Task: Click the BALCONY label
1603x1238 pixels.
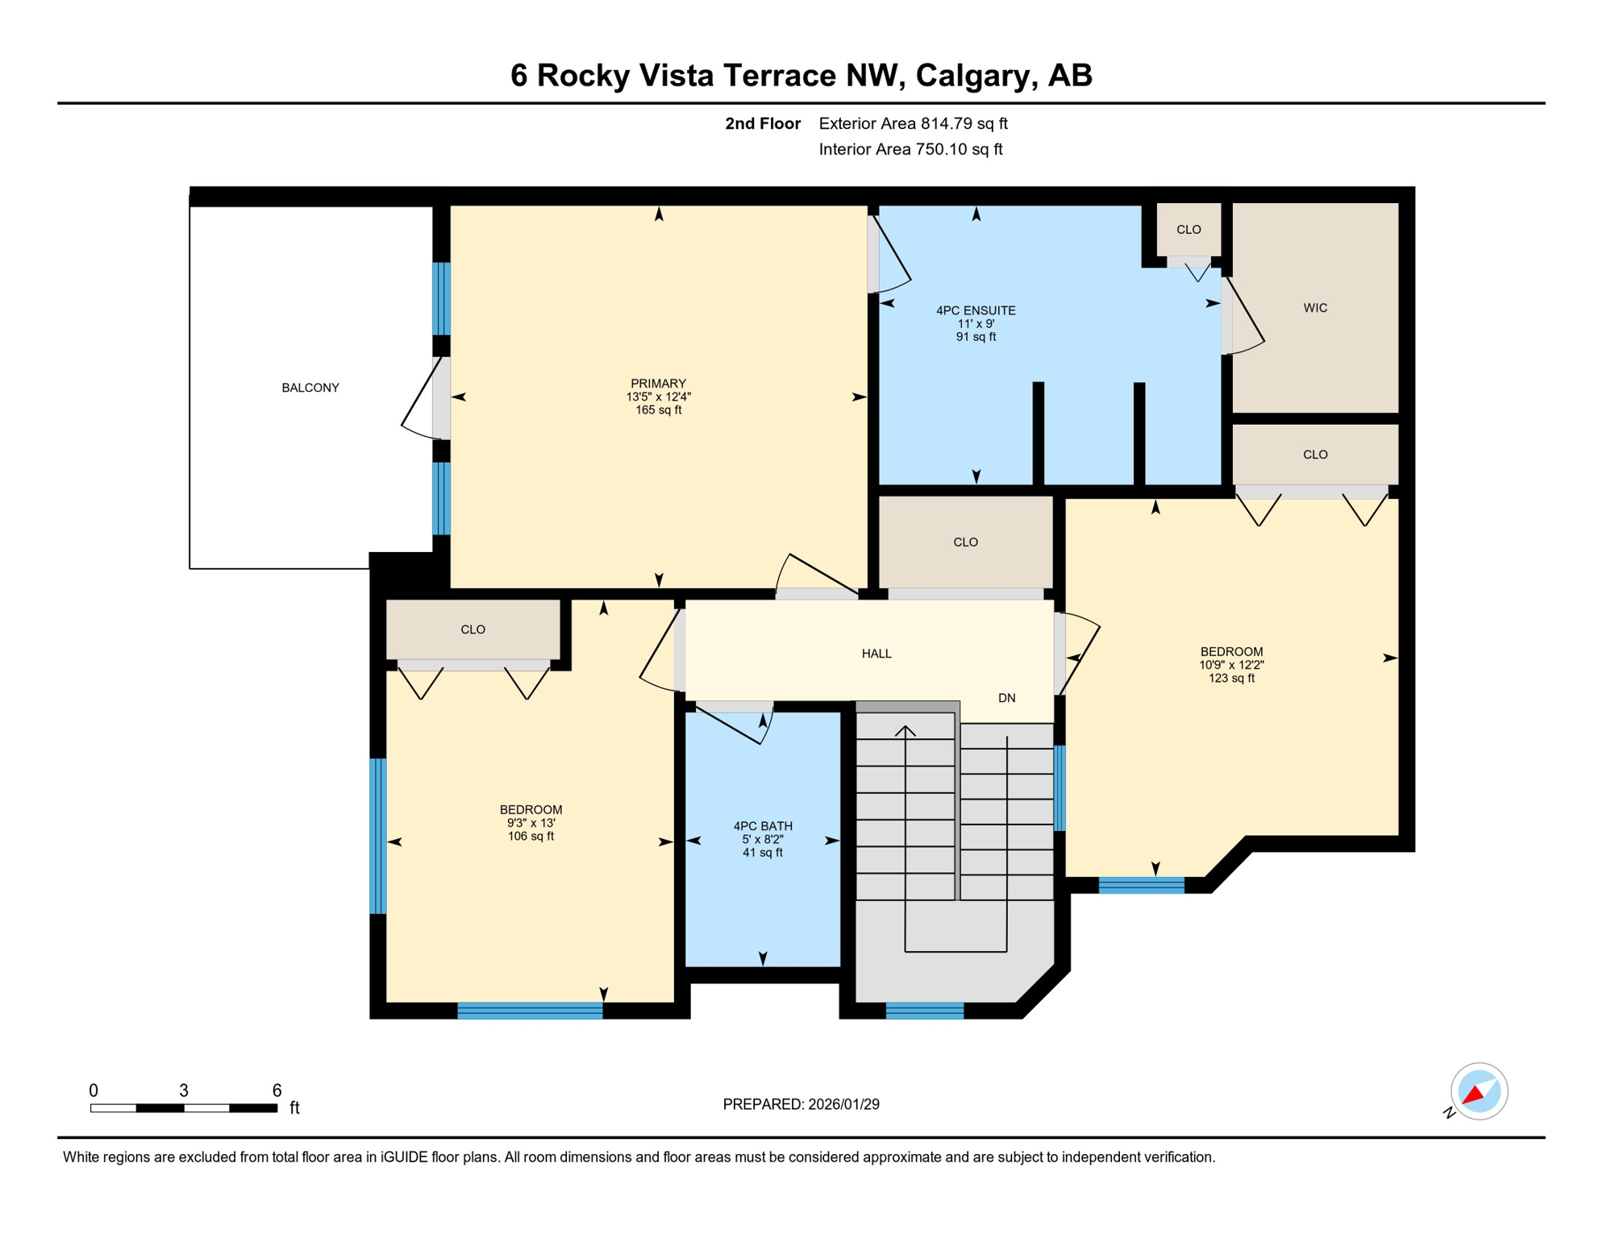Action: point(310,388)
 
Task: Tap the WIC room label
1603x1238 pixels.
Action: point(1314,308)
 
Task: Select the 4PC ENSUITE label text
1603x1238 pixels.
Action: point(975,310)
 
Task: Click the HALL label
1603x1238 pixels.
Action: point(876,654)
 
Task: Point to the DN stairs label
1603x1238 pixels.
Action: point(1006,698)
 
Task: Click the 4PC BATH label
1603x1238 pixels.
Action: point(762,826)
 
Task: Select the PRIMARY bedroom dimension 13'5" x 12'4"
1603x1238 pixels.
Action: point(658,397)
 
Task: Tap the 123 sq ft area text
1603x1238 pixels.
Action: point(1230,679)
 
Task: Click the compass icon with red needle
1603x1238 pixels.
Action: point(1478,1091)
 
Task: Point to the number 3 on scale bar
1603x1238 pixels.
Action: point(184,1091)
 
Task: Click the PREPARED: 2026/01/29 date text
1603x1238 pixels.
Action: point(801,1104)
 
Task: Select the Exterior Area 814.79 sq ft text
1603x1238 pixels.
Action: point(913,123)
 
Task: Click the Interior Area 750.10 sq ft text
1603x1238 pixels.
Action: point(910,149)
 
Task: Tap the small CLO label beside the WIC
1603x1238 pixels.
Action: point(1188,230)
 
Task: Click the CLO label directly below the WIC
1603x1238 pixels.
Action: point(1314,455)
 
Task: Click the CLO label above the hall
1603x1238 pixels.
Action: point(965,542)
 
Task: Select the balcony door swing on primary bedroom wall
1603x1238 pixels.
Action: point(423,400)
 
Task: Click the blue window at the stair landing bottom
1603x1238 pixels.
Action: point(924,1011)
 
